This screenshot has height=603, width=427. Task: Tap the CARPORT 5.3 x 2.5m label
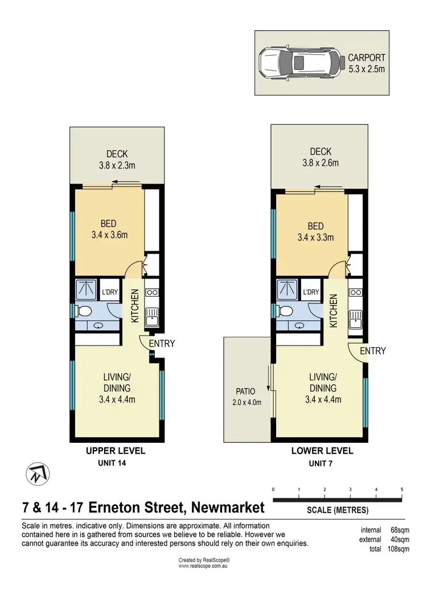pyautogui.click(x=367, y=63)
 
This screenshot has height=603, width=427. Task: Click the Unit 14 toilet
pyautogui.click(x=83, y=311)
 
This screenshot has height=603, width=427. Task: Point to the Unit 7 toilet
pyautogui.click(x=285, y=311)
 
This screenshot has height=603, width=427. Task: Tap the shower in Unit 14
pyautogui.click(x=86, y=290)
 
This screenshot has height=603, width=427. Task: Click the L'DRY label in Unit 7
pyautogui.click(x=311, y=292)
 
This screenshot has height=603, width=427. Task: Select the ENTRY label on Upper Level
pyautogui.click(x=162, y=343)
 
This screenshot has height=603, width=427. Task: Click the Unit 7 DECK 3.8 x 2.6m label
pyautogui.click(x=321, y=157)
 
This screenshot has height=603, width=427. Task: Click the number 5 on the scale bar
pyautogui.click(x=402, y=489)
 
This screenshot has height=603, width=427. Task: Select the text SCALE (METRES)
pyautogui.click(x=338, y=509)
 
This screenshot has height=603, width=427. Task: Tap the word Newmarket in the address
pyautogui.click(x=228, y=507)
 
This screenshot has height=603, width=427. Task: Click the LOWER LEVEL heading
pyautogui.click(x=322, y=451)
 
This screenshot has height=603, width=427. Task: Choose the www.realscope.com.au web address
pyautogui.click(x=203, y=567)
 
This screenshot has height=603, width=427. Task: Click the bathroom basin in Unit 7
pyautogui.click(x=300, y=326)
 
